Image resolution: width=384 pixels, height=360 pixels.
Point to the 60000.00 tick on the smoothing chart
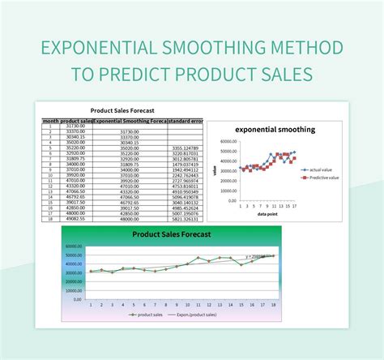228,140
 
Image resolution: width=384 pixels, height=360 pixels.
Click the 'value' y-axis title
215,171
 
